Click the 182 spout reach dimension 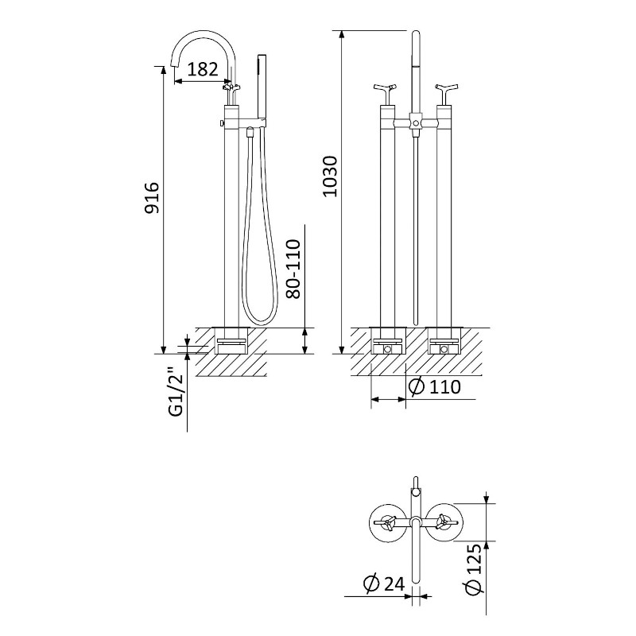point(203,69)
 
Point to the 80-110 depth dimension point(293,269)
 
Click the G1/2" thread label point(176,392)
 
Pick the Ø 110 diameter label point(434,387)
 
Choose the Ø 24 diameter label point(384,584)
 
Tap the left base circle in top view point(389,523)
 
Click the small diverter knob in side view point(222,122)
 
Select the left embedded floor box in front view point(388,340)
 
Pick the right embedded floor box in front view point(445,340)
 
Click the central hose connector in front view point(414,121)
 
